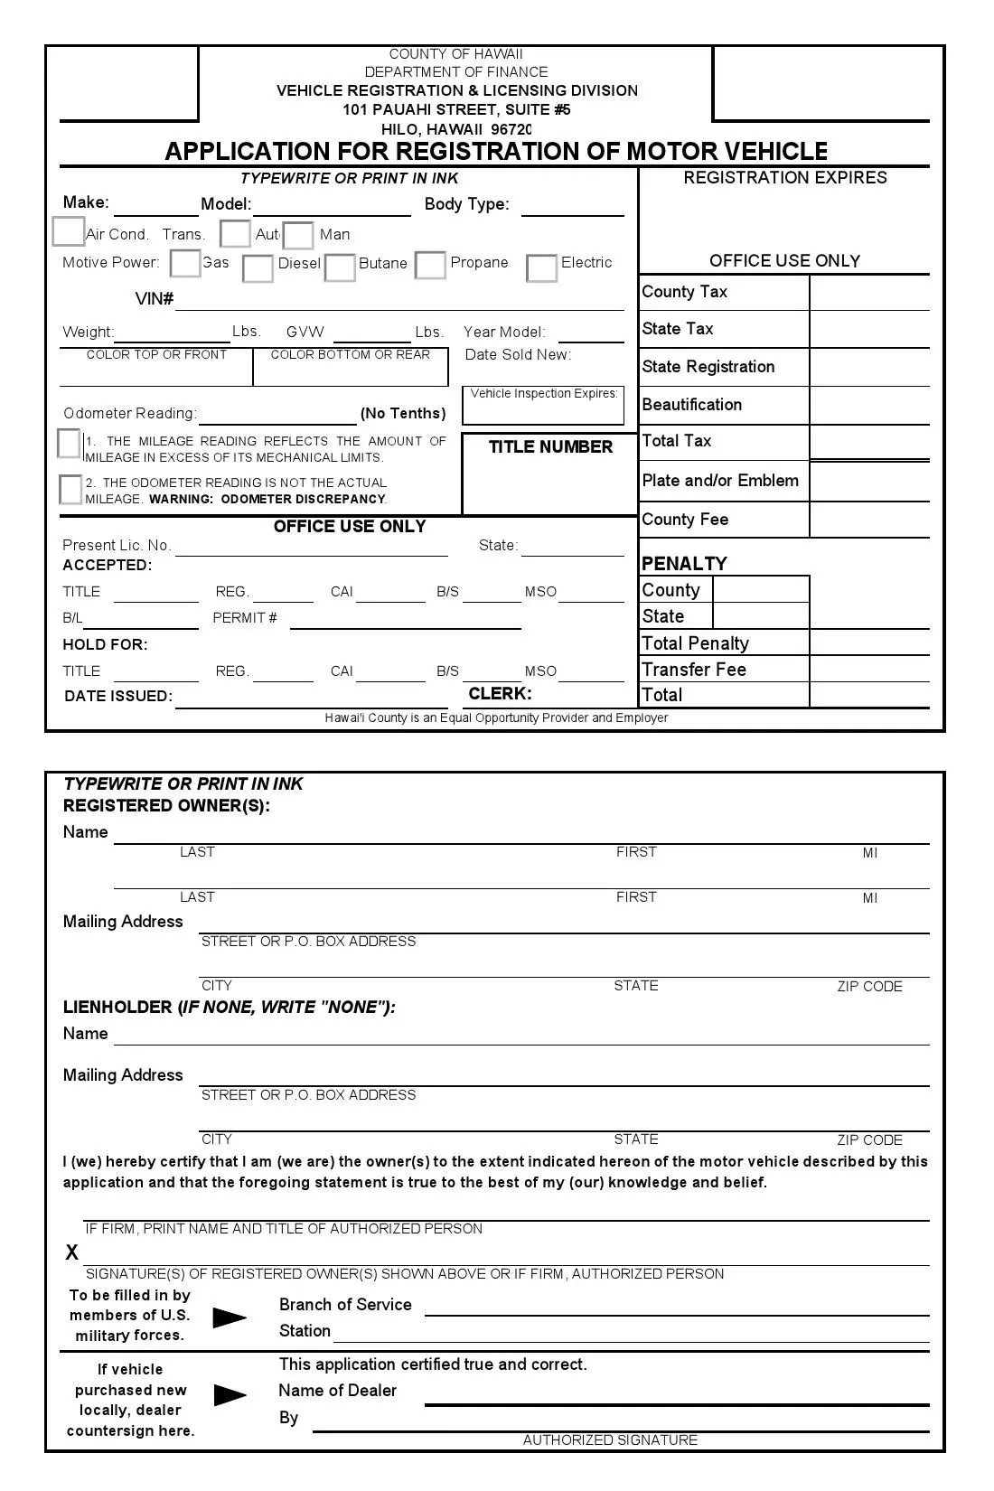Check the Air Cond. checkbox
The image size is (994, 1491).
[x=68, y=232]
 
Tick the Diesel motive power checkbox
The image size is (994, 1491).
[x=258, y=268]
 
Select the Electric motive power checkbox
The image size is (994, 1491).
[x=541, y=268]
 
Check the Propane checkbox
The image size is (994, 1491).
[x=430, y=266]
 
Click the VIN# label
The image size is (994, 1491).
[x=154, y=299]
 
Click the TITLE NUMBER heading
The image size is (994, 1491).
[x=550, y=447]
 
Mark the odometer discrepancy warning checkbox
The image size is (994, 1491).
[x=70, y=490]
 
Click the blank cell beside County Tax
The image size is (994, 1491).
[x=868, y=293]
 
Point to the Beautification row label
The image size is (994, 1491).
[x=691, y=405]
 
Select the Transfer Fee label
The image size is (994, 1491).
[x=693, y=670]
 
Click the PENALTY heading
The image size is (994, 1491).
[x=683, y=564]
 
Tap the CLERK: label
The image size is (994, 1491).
[x=500, y=694]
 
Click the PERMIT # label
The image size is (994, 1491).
[x=245, y=618]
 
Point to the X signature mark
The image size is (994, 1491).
[x=72, y=1252]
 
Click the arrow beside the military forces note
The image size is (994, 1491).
[x=229, y=1318]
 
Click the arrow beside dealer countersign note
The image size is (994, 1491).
[x=230, y=1395]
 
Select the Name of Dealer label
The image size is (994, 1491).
[x=337, y=1391]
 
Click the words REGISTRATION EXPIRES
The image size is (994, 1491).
[x=784, y=178]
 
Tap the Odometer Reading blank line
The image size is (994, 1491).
[x=277, y=416]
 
